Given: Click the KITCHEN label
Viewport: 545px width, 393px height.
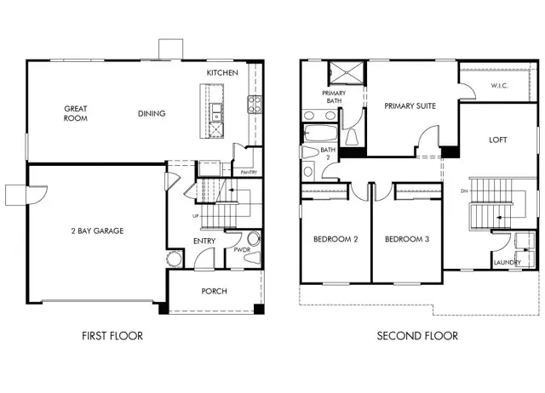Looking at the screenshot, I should [x=221, y=74].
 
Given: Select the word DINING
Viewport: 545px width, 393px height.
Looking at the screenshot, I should [x=152, y=114].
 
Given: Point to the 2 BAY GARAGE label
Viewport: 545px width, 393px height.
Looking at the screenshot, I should [x=97, y=231].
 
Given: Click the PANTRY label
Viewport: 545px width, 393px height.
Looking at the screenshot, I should [x=249, y=173].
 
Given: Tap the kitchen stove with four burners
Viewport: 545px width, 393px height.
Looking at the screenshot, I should [x=254, y=105].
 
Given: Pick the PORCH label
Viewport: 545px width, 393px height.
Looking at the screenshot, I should [x=214, y=292].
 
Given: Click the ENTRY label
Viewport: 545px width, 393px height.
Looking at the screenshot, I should [x=204, y=242].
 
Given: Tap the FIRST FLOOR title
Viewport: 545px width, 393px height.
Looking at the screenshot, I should [x=112, y=336].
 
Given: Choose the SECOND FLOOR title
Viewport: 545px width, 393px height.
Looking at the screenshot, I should [x=417, y=336].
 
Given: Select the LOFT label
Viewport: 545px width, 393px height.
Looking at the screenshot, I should [x=498, y=140].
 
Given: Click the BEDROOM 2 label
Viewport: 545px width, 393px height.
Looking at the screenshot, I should [x=336, y=240].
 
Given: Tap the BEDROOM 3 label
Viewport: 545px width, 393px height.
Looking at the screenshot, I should [x=406, y=240].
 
